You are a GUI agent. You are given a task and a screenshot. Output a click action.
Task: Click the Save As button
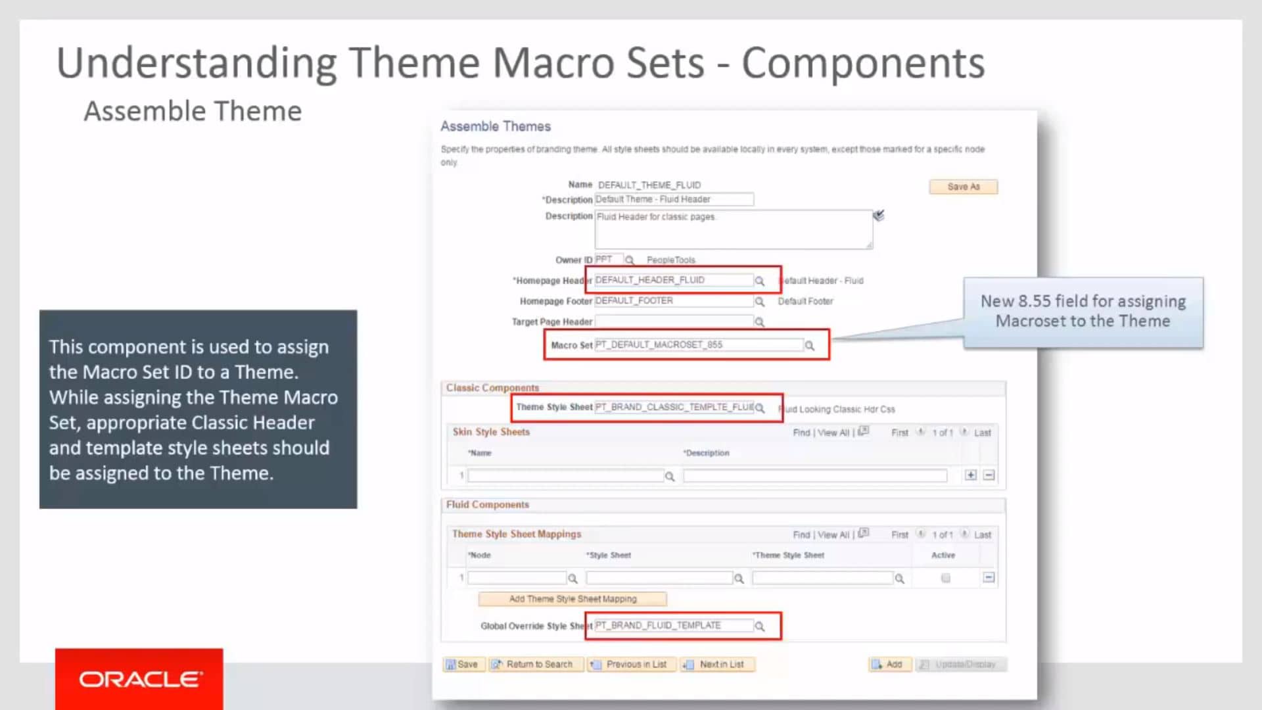963,187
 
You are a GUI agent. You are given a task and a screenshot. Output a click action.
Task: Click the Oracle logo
139,679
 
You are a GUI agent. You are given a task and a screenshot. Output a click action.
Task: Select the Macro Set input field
698,344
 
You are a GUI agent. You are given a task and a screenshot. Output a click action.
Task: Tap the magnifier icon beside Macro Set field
810,346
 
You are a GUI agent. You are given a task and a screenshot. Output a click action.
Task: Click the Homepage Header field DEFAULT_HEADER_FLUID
673,280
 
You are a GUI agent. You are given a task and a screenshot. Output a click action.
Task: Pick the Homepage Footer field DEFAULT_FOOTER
673,301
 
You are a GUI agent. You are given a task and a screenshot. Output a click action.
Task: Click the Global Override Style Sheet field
673,625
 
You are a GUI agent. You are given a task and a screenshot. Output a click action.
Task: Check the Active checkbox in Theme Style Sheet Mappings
945,579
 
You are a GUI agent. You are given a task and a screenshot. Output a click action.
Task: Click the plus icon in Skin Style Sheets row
971,475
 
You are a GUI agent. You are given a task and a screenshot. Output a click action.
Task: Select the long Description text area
733,229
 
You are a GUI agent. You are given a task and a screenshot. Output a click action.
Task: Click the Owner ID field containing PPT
608,260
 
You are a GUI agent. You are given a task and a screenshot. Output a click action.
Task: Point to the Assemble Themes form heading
496,126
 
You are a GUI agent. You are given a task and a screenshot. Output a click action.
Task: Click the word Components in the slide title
863,63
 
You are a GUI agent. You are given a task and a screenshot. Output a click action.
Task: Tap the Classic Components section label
492,388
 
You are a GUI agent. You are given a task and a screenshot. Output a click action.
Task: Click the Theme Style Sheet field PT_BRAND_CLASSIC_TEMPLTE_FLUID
674,408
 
